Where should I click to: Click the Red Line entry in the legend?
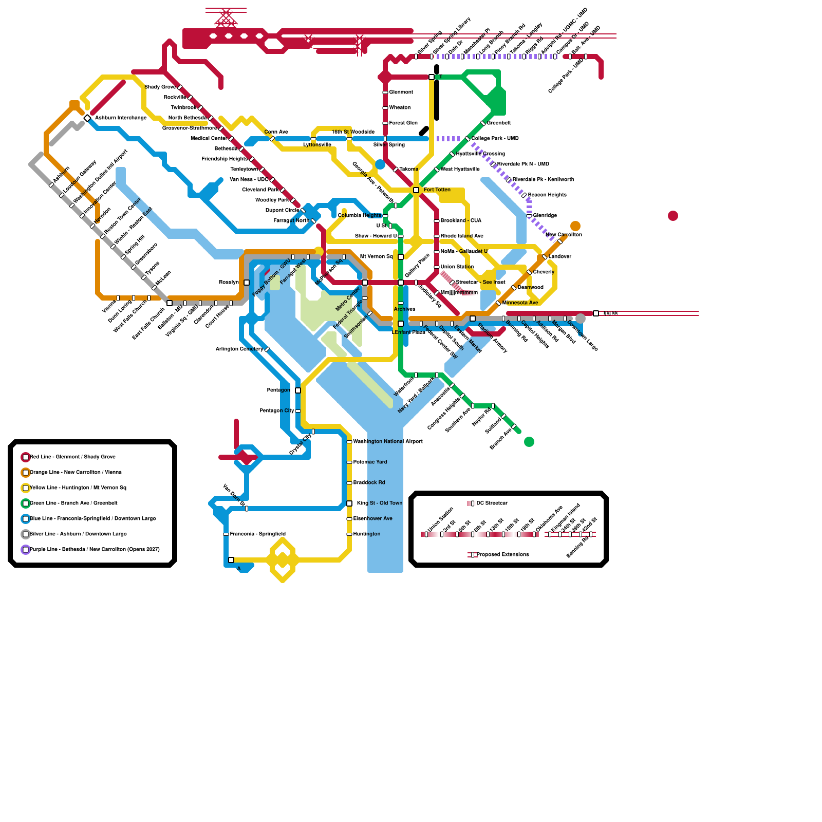click(72, 457)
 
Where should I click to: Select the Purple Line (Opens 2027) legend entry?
click(95, 549)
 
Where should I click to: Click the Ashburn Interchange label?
click(121, 118)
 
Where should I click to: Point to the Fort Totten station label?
click(437, 190)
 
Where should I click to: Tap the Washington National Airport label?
click(388, 441)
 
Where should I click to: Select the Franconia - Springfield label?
click(257, 534)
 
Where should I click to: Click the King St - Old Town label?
click(380, 503)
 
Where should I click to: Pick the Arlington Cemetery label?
click(239, 349)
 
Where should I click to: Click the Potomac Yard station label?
click(370, 462)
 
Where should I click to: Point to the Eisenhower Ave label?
click(372, 518)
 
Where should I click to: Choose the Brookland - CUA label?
click(461, 220)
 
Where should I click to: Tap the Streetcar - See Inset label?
click(480, 282)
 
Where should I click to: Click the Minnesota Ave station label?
click(520, 303)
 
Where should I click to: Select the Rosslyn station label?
click(229, 282)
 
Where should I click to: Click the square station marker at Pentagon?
click(298, 390)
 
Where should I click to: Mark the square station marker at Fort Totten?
click(416, 190)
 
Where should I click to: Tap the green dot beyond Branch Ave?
click(529, 442)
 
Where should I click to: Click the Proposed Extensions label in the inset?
click(502, 554)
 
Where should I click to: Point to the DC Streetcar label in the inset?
click(492, 503)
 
